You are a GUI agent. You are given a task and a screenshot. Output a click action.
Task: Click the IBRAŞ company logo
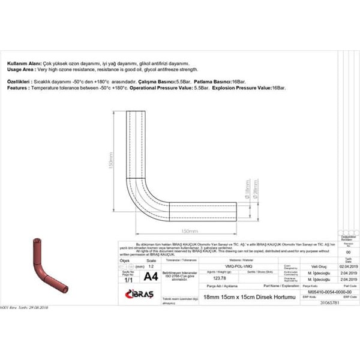pos(140,292)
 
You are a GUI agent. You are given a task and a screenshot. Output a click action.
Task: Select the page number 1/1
pos(128,280)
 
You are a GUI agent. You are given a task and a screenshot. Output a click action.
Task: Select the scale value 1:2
pos(151,266)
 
